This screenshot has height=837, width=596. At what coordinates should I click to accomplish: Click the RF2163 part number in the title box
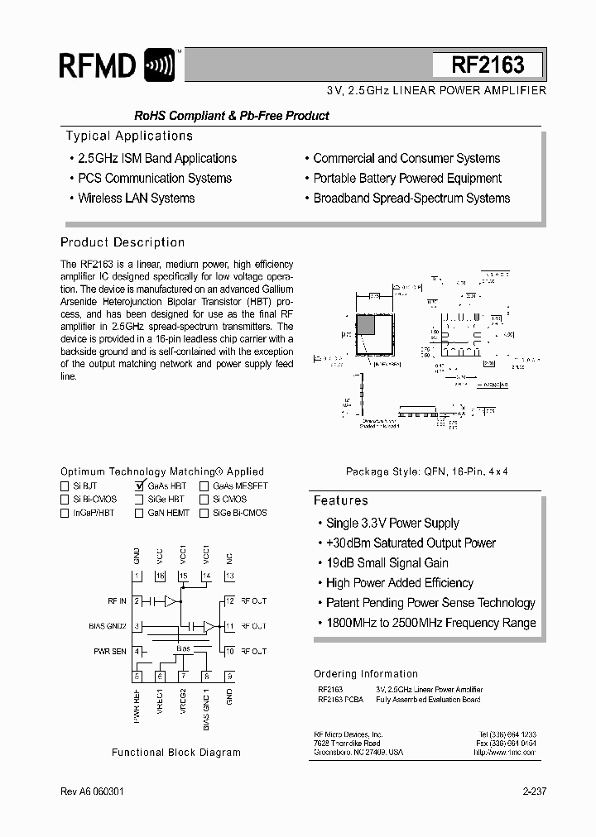(488, 65)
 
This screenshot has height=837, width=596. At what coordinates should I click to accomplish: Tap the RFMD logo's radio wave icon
(159, 65)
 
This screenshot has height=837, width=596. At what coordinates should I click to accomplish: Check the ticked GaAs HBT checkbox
(139, 486)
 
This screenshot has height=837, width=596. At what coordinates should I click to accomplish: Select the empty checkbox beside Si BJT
(65, 486)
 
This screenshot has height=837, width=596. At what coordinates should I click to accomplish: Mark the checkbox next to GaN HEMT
(139, 513)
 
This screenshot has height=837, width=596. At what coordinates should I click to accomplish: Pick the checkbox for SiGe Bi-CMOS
(204, 513)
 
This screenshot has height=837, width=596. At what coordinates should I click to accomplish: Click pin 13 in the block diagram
(229, 576)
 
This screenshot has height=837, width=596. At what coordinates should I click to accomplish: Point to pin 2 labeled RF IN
(137, 601)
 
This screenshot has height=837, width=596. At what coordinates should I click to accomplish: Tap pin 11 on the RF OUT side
(229, 626)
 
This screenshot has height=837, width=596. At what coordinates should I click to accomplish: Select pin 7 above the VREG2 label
(183, 677)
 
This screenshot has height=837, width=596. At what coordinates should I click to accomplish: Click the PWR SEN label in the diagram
(109, 652)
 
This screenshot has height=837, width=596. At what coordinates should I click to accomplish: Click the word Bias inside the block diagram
(183, 649)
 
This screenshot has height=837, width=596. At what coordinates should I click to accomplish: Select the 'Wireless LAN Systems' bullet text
(136, 198)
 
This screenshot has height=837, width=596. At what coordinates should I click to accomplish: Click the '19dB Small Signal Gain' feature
(387, 563)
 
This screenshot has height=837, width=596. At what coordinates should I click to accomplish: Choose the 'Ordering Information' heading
(365, 674)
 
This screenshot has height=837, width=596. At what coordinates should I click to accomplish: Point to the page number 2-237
(534, 792)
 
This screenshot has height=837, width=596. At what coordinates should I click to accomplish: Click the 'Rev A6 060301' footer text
(94, 792)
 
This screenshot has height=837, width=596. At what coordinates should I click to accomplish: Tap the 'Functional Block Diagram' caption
(176, 753)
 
